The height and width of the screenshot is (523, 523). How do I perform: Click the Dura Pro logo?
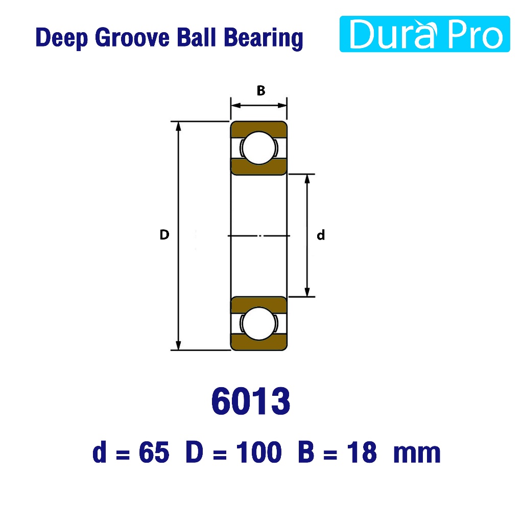tap(424, 34)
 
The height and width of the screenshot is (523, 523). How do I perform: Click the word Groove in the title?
tap(132, 37)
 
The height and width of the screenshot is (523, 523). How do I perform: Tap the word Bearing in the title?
tap(263, 38)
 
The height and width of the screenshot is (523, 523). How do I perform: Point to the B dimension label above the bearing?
tap(261, 90)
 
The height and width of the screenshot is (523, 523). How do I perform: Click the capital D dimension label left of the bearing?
tap(164, 235)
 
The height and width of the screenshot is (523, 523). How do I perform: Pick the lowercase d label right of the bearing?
tap(321, 235)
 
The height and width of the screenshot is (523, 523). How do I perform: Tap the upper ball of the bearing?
tap(259, 148)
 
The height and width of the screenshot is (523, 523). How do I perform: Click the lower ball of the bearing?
tap(259, 323)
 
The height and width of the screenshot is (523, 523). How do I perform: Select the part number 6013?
tap(251, 401)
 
